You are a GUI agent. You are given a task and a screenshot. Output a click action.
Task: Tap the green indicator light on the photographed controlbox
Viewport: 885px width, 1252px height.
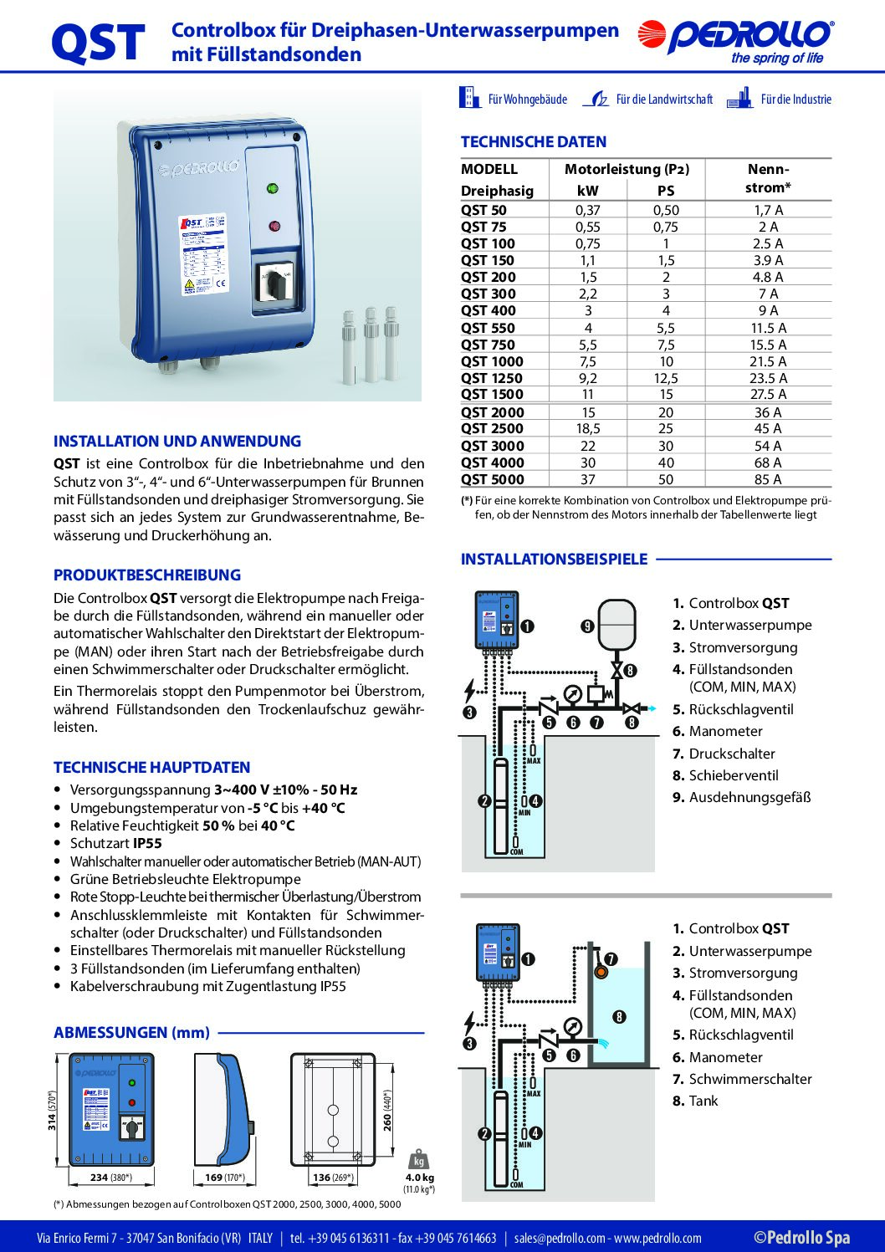click(273, 188)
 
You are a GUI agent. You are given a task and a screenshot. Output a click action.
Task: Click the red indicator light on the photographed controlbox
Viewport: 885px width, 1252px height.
click(274, 226)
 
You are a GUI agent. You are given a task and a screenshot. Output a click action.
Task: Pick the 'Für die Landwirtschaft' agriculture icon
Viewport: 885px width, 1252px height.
click(596, 100)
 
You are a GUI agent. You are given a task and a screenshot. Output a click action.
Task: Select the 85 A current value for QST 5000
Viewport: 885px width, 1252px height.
click(768, 479)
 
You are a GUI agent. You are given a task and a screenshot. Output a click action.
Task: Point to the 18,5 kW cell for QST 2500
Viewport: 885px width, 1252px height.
click(588, 428)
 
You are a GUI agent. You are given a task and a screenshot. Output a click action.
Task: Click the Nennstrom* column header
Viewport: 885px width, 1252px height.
click(768, 178)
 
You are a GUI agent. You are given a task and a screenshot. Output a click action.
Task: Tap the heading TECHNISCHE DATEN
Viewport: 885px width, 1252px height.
click(534, 142)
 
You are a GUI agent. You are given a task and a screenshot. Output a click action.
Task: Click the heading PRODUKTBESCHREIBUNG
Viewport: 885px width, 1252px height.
click(147, 575)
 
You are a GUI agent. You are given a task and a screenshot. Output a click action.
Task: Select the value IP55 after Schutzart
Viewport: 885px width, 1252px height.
click(147, 843)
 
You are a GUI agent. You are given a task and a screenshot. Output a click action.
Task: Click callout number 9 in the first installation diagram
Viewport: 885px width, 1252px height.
click(587, 626)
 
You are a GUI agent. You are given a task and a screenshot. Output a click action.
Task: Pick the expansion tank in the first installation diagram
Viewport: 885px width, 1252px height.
click(618, 624)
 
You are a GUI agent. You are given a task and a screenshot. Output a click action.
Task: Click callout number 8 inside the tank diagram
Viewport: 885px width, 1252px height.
click(619, 1017)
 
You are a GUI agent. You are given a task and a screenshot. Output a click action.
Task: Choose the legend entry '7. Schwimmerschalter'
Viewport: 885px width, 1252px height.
click(742, 1079)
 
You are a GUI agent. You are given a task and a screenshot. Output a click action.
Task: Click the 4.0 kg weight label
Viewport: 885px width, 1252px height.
click(419, 1178)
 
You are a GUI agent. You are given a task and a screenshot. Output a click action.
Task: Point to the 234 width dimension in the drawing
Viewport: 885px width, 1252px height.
click(100, 1178)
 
